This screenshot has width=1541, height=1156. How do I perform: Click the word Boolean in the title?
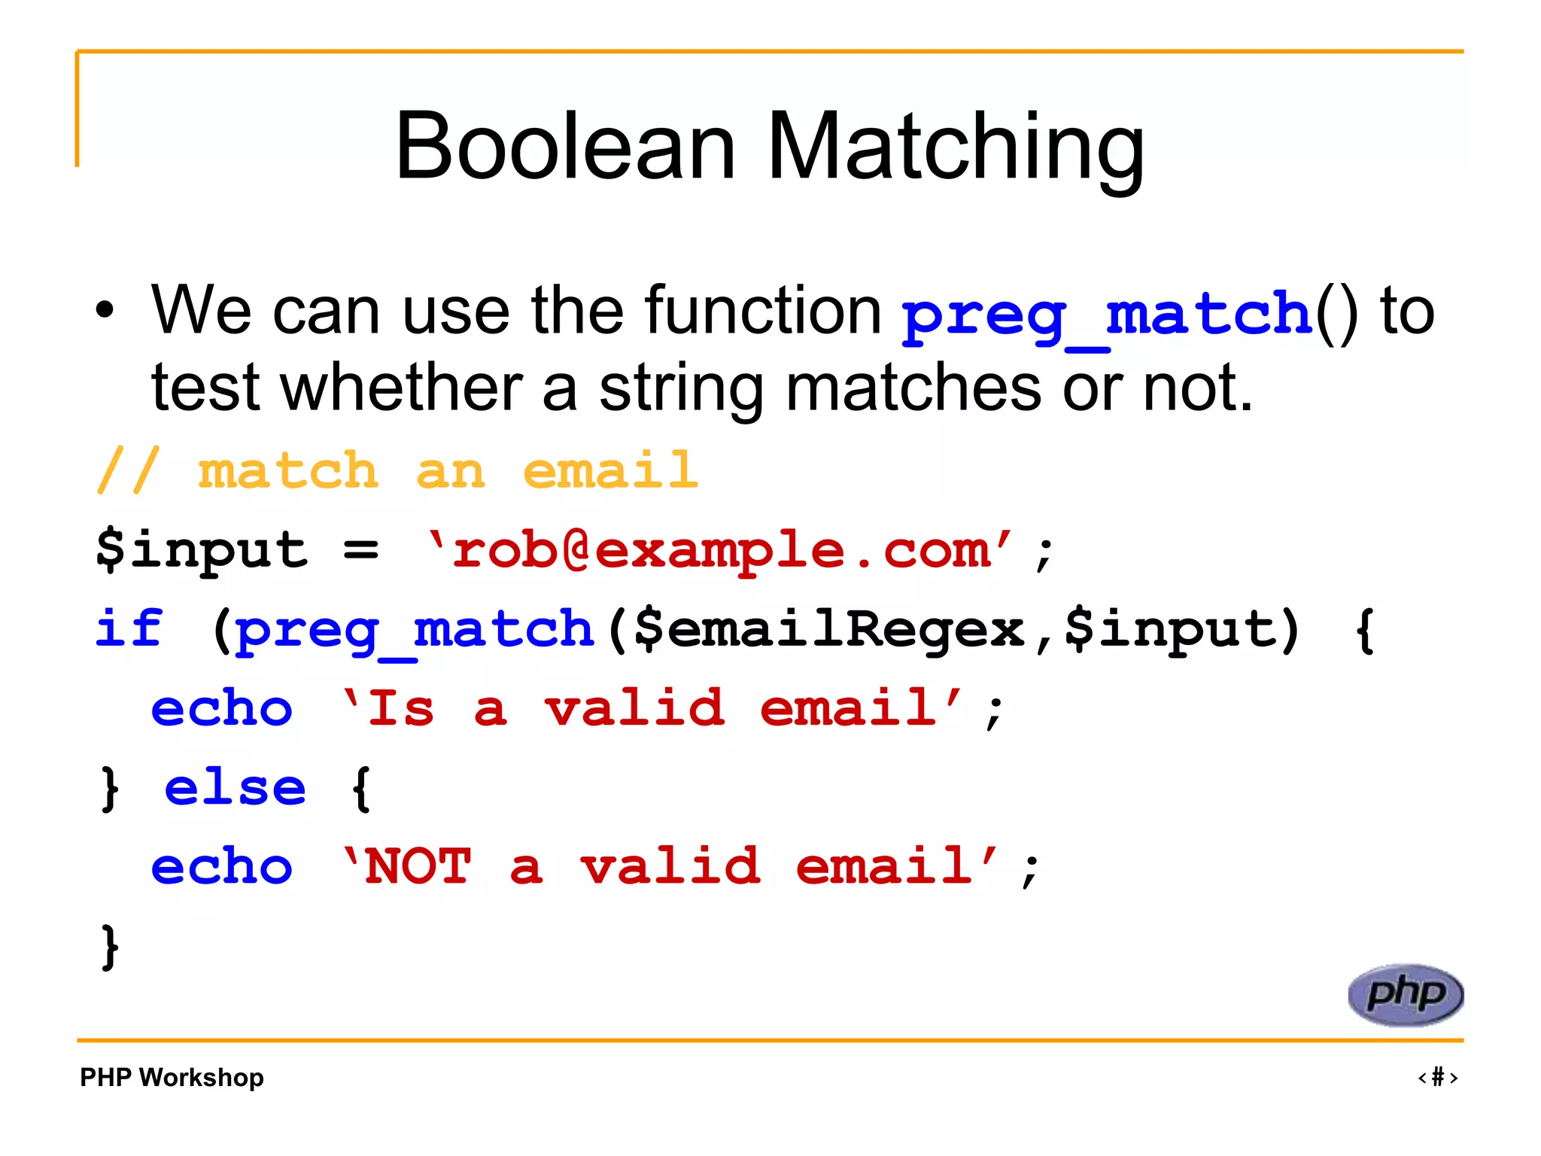[564, 147]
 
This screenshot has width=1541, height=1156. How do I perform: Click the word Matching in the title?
[956, 147]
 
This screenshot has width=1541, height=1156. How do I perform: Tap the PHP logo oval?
[1405, 995]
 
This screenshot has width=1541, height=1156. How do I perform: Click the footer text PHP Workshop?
[172, 1077]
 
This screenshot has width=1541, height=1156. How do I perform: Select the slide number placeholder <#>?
[1437, 1077]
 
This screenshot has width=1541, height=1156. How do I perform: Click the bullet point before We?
[105, 310]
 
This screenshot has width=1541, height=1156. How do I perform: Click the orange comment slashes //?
[128, 470]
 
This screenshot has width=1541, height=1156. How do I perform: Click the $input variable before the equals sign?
[202, 549]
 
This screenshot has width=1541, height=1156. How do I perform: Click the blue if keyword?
[129, 628]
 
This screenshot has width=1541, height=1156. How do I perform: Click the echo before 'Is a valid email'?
[221, 709]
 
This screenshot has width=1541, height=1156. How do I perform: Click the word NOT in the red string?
[418, 866]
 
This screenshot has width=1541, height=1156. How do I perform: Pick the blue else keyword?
[235, 788]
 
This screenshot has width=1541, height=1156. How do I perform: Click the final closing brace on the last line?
[110, 947]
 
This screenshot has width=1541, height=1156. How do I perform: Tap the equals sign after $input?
[360, 549]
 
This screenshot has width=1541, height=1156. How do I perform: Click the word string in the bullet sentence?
[681, 390]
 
